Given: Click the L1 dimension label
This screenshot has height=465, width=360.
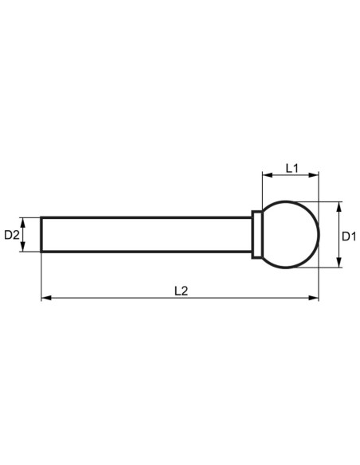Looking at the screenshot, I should pos(291,168).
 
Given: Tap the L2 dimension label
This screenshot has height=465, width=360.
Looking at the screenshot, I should pos(181,291).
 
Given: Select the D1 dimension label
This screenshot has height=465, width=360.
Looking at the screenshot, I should pos(349,236).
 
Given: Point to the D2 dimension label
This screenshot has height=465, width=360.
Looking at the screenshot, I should pos(11,235).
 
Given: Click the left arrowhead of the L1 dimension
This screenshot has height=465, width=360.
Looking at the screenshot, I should pos(266,175).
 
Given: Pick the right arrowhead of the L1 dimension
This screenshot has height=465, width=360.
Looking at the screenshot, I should pos(315,175).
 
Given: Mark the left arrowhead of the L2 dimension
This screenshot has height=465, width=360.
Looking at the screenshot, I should pos(45,298).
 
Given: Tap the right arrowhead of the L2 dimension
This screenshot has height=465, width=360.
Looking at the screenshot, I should pos(315,298).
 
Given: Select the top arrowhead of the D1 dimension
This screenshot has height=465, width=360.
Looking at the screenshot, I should pos(339,206).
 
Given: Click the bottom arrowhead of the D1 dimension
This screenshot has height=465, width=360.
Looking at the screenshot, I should pos(339,264).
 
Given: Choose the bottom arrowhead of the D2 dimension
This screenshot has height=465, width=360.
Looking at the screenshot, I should pos(25,248).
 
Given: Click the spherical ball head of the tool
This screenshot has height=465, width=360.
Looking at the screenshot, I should pos(291,235).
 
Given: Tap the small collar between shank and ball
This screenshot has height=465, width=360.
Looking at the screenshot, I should pos(256,235).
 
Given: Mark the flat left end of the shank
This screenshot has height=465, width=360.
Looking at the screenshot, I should pos(41,235).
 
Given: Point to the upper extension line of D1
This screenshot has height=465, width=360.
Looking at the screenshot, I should pos(327,202).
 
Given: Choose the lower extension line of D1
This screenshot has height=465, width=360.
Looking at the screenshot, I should pos(327,268).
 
